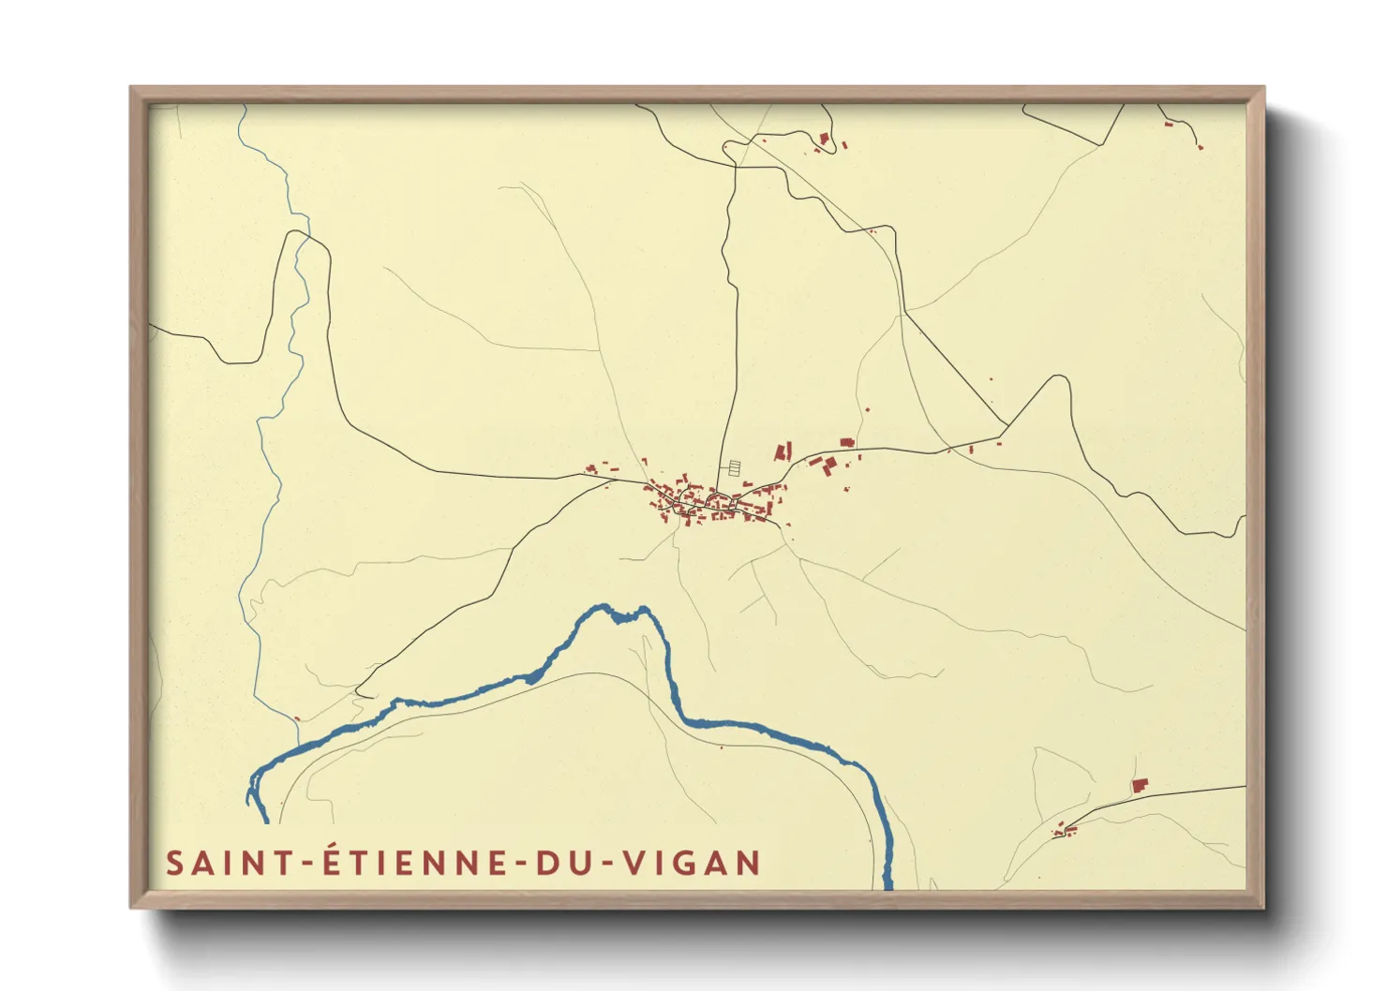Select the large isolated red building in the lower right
pyautogui.click(x=1140, y=785)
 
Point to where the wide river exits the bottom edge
pyautogui.click(x=887, y=884)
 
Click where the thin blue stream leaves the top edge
pyautogui.click(x=242, y=106)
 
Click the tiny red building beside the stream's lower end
pyautogui.click(x=297, y=718)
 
